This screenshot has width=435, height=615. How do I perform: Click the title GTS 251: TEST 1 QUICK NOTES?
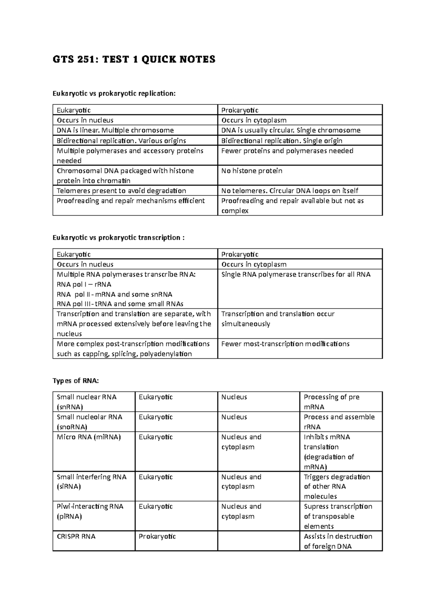coord(134,59)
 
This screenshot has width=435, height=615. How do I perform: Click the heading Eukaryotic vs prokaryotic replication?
coord(114,94)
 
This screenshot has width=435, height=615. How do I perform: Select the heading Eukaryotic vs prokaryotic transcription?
coord(119,238)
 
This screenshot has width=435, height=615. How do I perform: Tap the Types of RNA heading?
coord(75,381)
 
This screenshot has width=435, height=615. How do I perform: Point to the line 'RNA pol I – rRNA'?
coord(84,284)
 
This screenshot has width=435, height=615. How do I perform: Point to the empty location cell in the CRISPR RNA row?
coord(258,541)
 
